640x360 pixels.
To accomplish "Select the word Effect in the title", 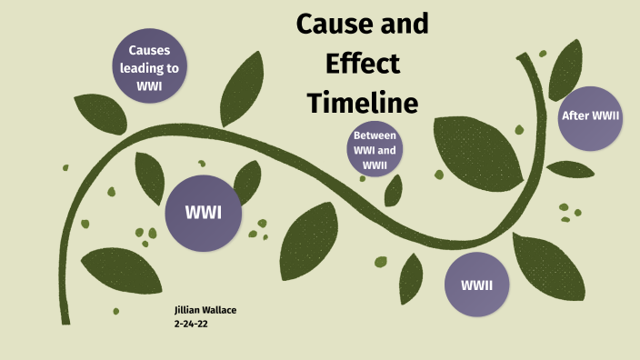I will pos(362,64).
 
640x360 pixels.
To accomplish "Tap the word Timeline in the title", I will pos(362,103).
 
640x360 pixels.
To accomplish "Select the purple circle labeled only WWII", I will pos(476,285).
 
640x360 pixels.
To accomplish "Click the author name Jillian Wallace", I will pos(205,310).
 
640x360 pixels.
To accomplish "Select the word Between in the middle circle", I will pos(375,137).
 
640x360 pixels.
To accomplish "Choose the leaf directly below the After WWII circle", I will pos(571,169).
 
